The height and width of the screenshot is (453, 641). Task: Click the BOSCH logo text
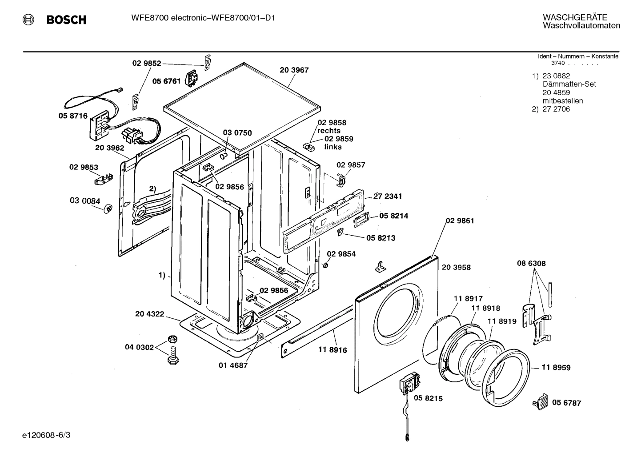click(66, 20)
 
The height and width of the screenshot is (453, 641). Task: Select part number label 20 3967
click(294, 70)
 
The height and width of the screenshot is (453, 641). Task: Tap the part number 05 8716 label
click(73, 116)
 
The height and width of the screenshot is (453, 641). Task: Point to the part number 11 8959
click(556, 368)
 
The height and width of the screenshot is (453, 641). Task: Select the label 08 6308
click(531, 263)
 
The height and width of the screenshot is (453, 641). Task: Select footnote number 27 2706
click(556, 109)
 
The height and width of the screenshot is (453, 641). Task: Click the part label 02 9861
click(460, 220)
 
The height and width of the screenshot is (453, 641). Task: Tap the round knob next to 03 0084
click(108, 208)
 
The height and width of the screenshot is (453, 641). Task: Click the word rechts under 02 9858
click(329, 131)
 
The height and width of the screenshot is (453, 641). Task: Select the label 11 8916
click(333, 350)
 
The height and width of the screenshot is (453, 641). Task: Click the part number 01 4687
click(233, 365)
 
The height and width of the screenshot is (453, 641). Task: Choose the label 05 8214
click(393, 216)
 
